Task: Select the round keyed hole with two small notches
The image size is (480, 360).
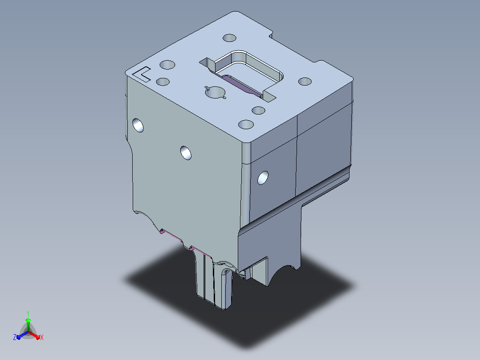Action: tap(216, 92)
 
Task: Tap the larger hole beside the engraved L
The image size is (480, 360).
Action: tap(167, 65)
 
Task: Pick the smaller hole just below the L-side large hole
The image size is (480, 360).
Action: tap(163, 82)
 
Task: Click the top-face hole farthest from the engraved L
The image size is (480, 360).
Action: tap(305, 82)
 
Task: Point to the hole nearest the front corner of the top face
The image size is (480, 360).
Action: tap(246, 124)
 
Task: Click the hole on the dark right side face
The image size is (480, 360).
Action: tap(263, 178)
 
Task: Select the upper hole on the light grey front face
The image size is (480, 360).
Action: tap(138, 125)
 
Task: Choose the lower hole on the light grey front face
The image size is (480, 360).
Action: tap(186, 152)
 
